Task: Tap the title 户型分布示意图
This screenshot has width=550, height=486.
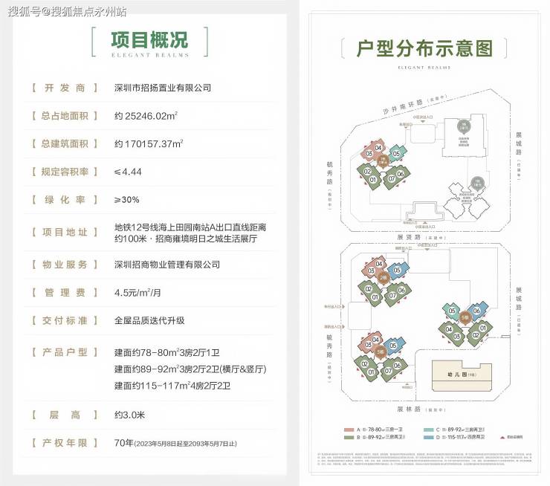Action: (x=424, y=49)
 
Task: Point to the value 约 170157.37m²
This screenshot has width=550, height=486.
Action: (x=149, y=143)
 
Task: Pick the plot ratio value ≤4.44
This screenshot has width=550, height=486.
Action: (x=128, y=172)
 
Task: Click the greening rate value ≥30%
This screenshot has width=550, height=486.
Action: (x=127, y=200)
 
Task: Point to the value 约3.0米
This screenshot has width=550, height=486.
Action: (x=131, y=414)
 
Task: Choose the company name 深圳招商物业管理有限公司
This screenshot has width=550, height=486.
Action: (x=167, y=265)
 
